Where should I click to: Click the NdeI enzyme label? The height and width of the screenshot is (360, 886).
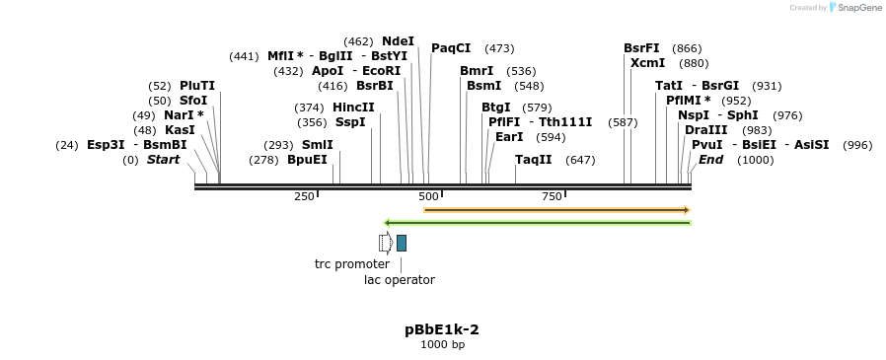click(x=398, y=41)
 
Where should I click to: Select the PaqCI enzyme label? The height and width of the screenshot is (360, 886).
click(x=451, y=48)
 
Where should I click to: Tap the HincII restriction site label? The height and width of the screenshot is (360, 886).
click(x=353, y=108)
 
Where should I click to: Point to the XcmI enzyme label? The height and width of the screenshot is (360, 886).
click(x=647, y=63)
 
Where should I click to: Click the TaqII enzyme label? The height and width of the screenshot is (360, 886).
click(x=534, y=160)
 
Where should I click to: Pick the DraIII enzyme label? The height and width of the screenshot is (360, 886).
click(x=705, y=130)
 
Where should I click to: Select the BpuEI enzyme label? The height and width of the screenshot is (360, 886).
click(x=307, y=160)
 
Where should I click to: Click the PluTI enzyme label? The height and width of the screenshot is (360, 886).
click(x=196, y=86)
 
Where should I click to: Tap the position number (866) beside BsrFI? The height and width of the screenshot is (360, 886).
click(x=687, y=48)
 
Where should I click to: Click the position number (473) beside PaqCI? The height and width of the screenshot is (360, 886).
click(x=499, y=48)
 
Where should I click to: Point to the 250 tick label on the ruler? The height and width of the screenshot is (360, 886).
click(x=304, y=196)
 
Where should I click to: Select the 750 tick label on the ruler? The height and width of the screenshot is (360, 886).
click(x=552, y=196)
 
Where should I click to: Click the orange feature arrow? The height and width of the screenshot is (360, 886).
click(x=556, y=209)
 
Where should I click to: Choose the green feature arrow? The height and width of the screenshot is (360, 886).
click(x=537, y=223)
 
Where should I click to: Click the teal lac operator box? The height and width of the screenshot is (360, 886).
click(x=402, y=243)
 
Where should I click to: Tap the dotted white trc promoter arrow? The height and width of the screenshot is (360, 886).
click(x=386, y=243)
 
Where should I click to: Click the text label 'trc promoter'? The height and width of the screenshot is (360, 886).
click(x=351, y=264)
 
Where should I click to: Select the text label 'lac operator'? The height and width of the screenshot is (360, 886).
click(x=400, y=280)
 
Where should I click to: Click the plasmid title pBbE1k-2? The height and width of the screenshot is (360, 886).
click(x=442, y=329)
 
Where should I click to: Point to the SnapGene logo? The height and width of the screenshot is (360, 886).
click(x=854, y=8)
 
